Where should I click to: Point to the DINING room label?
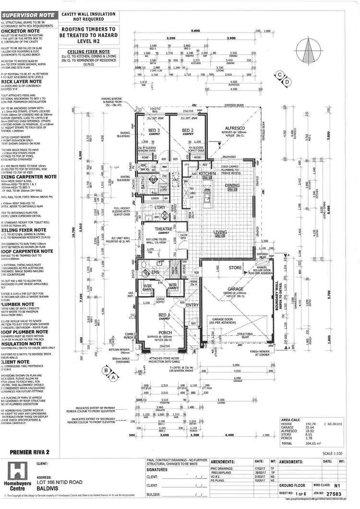[x=232, y=185]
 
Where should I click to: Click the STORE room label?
[x=235, y=268]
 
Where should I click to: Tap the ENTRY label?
[x=192, y=305]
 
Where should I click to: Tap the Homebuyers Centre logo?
[x=18, y=474]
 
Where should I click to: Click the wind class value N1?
[x=338, y=485]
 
